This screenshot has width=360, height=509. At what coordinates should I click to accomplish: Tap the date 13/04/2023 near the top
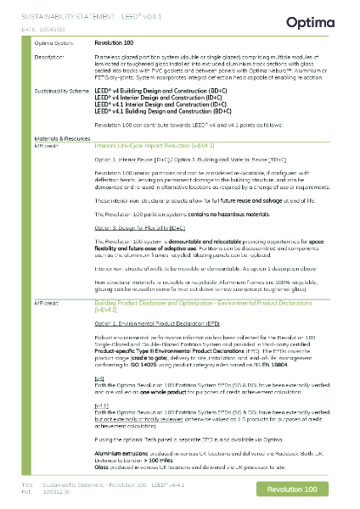click(54, 30)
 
